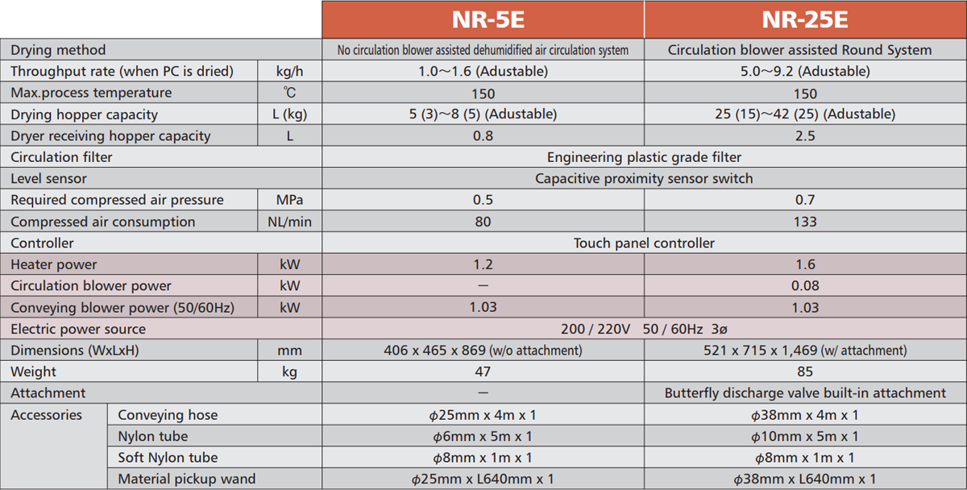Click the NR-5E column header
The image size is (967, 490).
click(x=483, y=19)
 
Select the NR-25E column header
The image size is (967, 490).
click(x=805, y=19)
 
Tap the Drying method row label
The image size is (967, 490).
click(x=58, y=50)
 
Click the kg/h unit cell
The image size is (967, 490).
click(x=289, y=72)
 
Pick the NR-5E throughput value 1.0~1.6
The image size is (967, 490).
click(x=483, y=72)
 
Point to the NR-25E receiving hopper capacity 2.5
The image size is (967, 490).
click(x=805, y=136)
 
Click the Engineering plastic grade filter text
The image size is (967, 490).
click(x=644, y=157)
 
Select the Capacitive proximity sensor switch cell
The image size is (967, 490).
click(x=644, y=179)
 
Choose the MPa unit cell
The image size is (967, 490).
click(x=289, y=200)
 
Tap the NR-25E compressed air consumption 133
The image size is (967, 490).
click(x=805, y=222)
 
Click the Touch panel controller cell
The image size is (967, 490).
click(x=644, y=243)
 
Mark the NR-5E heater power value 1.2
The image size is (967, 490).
click(x=483, y=264)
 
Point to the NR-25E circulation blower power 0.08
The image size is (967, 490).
click(x=805, y=286)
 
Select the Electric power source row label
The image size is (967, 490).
click(x=78, y=329)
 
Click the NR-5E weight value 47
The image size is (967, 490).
click(x=483, y=372)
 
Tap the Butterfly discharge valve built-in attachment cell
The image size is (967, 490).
click(x=805, y=393)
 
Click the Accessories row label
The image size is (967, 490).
click(x=46, y=415)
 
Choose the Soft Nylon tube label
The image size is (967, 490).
click(x=168, y=458)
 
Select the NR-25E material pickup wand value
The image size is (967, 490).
click(x=805, y=479)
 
